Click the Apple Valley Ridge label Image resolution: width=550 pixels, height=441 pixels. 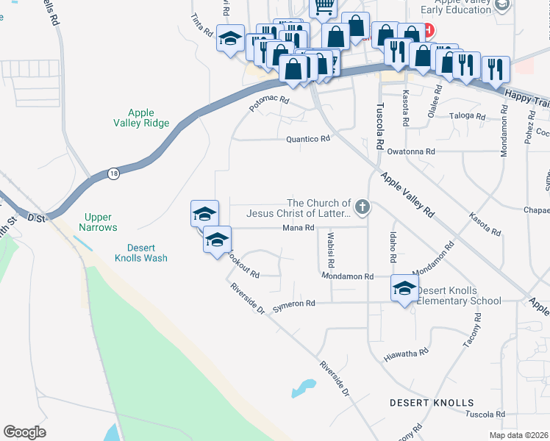[x=141, y=118]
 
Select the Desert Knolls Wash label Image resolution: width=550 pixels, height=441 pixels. [x=141, y=253]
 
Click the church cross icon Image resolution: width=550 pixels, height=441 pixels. [x=361, y=208]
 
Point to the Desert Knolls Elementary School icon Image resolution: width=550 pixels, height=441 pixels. [x=404, y=290]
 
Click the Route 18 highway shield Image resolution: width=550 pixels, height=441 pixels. [x=113, y=173]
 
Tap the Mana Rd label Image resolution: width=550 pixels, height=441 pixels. [x=299, y=228]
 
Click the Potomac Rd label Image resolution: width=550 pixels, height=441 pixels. [x=269, y=104]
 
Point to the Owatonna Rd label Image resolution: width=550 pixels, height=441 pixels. [x=412, y=151]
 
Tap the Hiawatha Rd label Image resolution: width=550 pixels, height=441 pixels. [x=406, y=355]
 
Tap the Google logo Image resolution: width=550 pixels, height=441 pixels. [x=24, y=431]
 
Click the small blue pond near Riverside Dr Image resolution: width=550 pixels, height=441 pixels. [x=303, y=387]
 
